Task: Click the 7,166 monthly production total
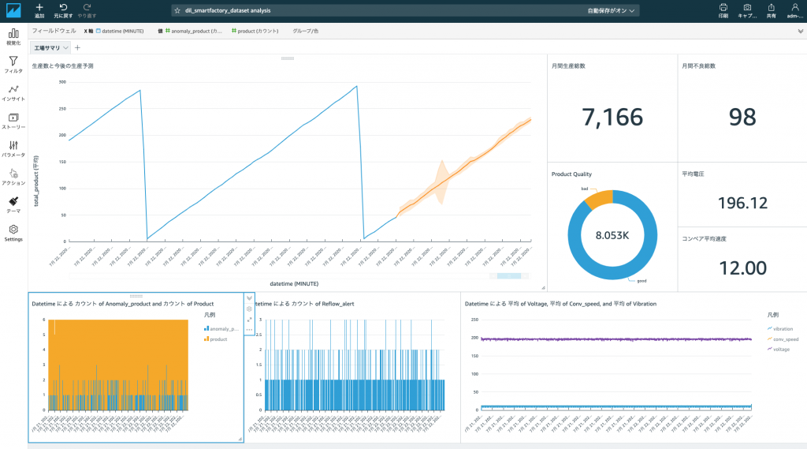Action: tap(612, 117)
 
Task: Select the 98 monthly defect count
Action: tap(742, 117)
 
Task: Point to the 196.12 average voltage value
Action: tap(742, 203)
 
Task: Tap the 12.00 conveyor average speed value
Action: tap(742, 268)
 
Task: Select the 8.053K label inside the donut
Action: tap(612, 235)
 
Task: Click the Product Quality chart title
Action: tap(571, 174)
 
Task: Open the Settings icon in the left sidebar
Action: tap(13, 230)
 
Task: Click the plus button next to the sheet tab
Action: tap(77, 48)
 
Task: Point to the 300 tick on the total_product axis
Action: tap(62, 83)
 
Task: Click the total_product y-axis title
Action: tap(35, 181)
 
